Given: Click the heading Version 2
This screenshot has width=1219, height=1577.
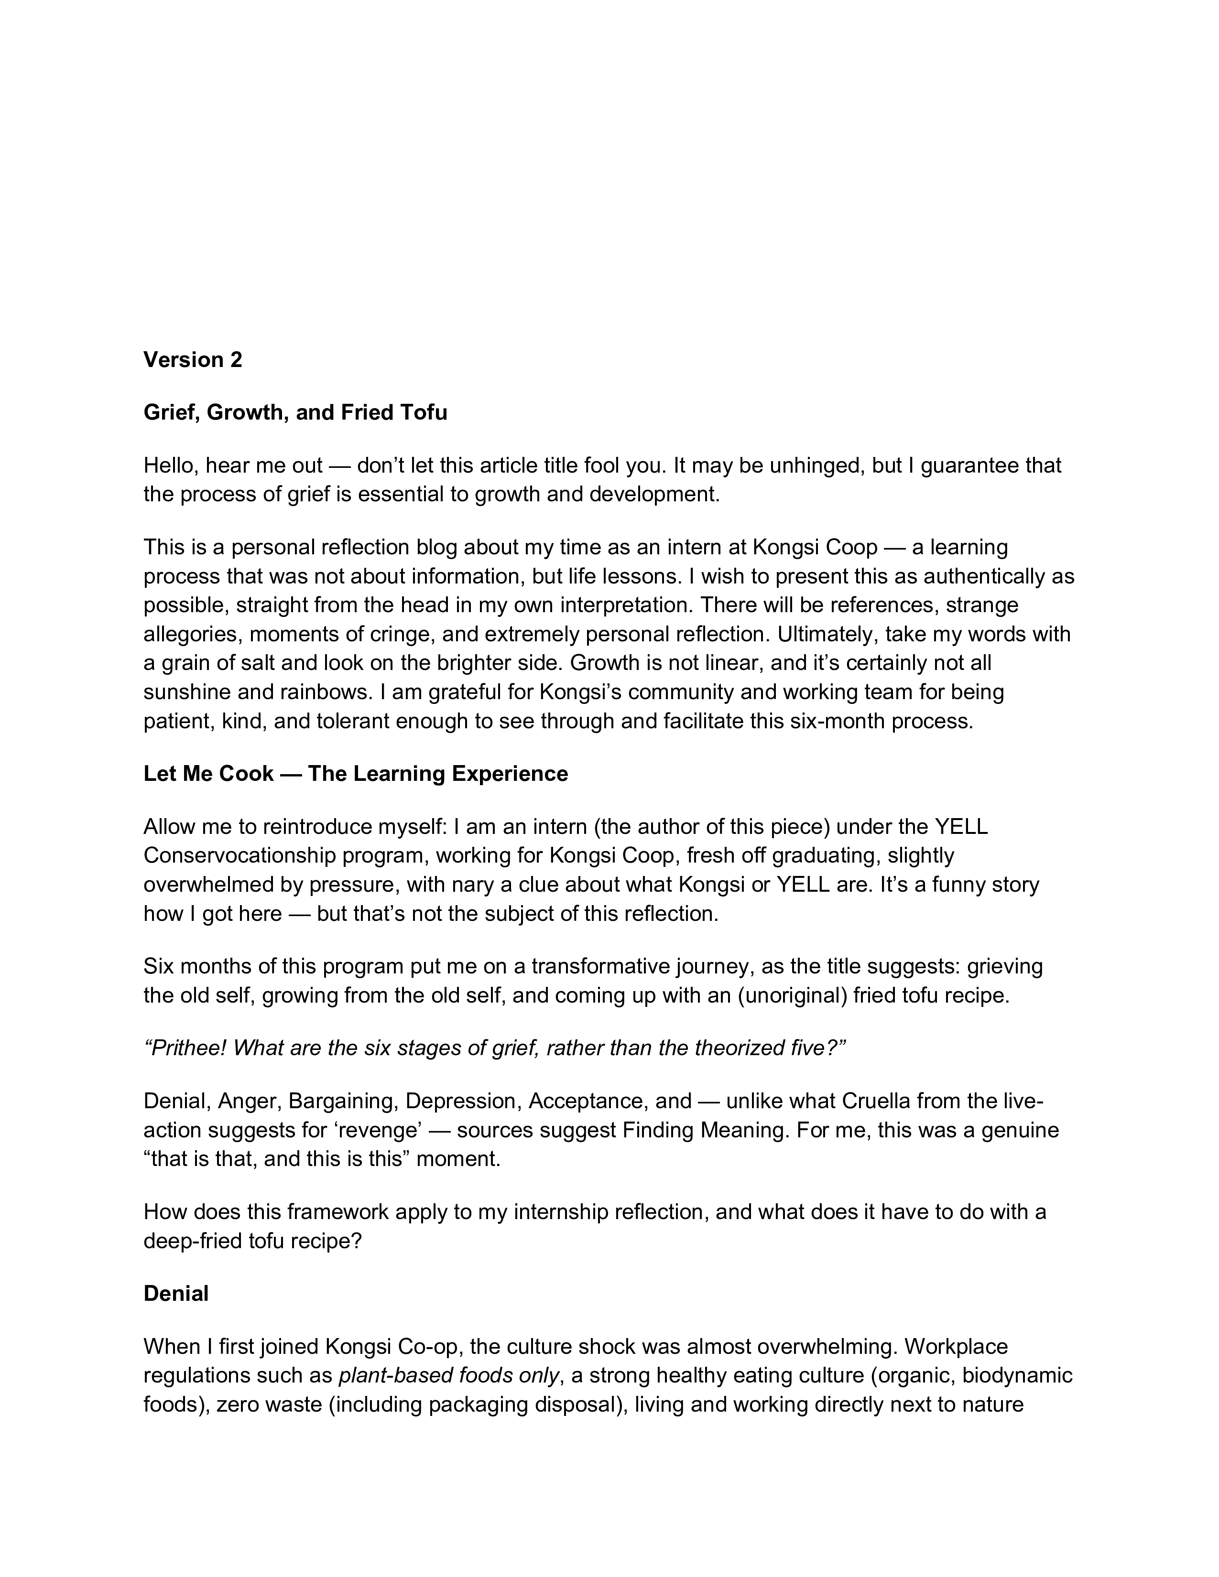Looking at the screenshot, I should (193, 359).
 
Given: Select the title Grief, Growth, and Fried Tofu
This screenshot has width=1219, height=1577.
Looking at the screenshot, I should (295, 412).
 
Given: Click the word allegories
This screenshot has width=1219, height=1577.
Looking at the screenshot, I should (186, 634).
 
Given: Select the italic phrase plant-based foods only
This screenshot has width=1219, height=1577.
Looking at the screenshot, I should (448, 1375).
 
